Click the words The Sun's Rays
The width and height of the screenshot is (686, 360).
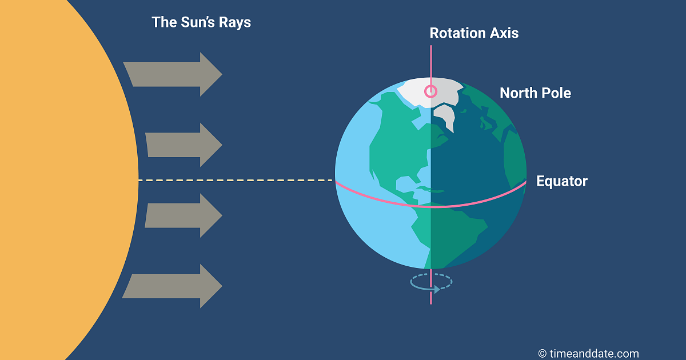point(201,23)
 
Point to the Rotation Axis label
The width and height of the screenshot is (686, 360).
point(474,33)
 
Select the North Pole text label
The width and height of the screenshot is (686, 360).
point(535,93)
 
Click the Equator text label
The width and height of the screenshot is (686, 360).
point(561,182)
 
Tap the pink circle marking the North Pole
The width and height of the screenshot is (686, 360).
point(430,91)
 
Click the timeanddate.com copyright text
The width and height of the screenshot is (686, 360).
point(588,354)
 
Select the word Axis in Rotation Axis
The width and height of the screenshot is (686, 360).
point(504,33)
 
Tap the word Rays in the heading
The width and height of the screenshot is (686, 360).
point(234,23)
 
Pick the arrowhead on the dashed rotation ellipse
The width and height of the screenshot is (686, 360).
point(437,289)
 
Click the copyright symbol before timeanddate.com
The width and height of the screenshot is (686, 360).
point(542,354)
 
